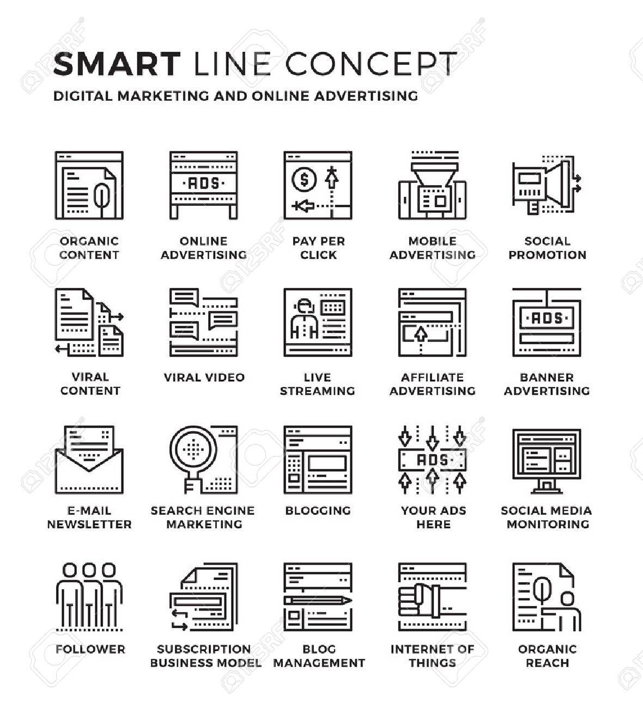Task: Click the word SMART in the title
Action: (117, 64)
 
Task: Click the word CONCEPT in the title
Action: (371, 64)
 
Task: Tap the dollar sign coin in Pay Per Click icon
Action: (304, 180)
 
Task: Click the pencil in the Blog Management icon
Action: (318, 600)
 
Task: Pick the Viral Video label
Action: (204, 377)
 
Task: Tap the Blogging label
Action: (318, 510)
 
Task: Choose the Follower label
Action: (90, 649)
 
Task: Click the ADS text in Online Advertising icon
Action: (203, 184)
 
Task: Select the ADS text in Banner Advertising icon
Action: (547, 319)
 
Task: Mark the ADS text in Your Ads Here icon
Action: (433, 460)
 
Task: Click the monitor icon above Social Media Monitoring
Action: (547, 461)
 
